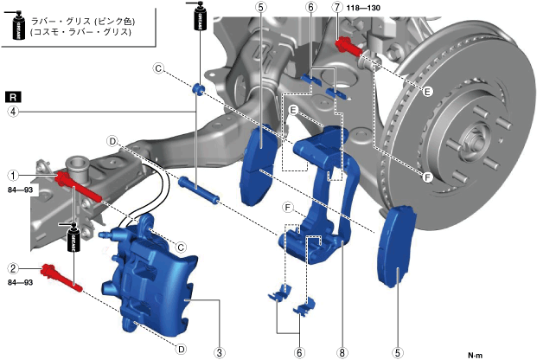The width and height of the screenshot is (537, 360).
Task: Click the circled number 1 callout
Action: (14, 175)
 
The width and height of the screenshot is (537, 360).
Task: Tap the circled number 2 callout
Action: (14, 267)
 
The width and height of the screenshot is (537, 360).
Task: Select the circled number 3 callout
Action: (221, 352)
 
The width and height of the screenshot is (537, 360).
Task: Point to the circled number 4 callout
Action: (14, 111)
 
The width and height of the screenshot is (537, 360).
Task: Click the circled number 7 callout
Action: (336, 8)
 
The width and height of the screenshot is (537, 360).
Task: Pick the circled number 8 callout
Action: (342, 352)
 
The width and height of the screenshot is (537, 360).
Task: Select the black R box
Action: (12, 95)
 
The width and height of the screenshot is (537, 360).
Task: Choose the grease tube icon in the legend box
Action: (16, 25)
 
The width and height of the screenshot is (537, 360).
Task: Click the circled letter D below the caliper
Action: (181, 349)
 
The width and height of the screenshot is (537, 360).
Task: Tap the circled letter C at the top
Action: (158, 68)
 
